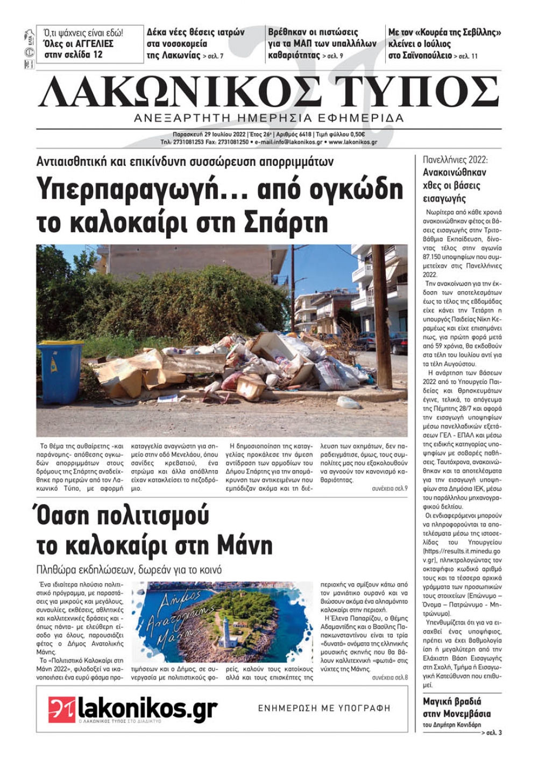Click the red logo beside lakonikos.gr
(x=61, y=709)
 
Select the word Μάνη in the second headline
(x=244, y=546)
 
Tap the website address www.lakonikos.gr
(x=352, y=142)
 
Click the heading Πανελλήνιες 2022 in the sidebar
(x=455, y=160)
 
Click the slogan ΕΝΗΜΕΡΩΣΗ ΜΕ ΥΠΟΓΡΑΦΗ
(x=324, y=708)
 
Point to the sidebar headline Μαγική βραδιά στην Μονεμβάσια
(x=457, y=708)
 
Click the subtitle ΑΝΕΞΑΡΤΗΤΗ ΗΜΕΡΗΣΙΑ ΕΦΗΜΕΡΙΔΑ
(x=269, y=118)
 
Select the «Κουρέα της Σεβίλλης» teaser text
(x=445, y=32)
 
